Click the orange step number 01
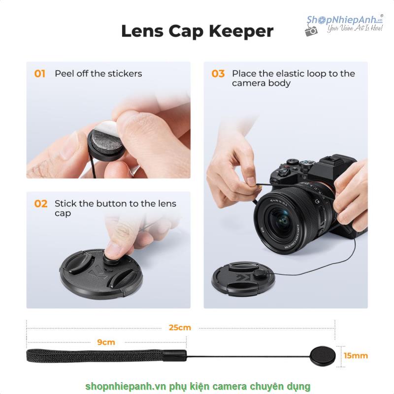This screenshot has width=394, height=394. click(x=40, y=74)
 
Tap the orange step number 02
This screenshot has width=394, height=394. click(x=41, y=204)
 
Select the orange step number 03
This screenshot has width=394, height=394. click(x=218, y=74)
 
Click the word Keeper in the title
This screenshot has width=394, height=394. click(x=241, y=32)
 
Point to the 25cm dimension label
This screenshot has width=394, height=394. click(x=180, y=328)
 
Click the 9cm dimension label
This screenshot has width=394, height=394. click(x=106, y=342)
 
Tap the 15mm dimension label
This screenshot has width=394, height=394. click(x=356, y=356)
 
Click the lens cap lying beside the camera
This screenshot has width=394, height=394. click(x=243, y=279)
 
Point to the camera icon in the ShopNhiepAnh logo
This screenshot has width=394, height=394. click(x=311, y=31)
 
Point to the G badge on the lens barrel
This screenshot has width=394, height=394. click(x=317, y=201)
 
